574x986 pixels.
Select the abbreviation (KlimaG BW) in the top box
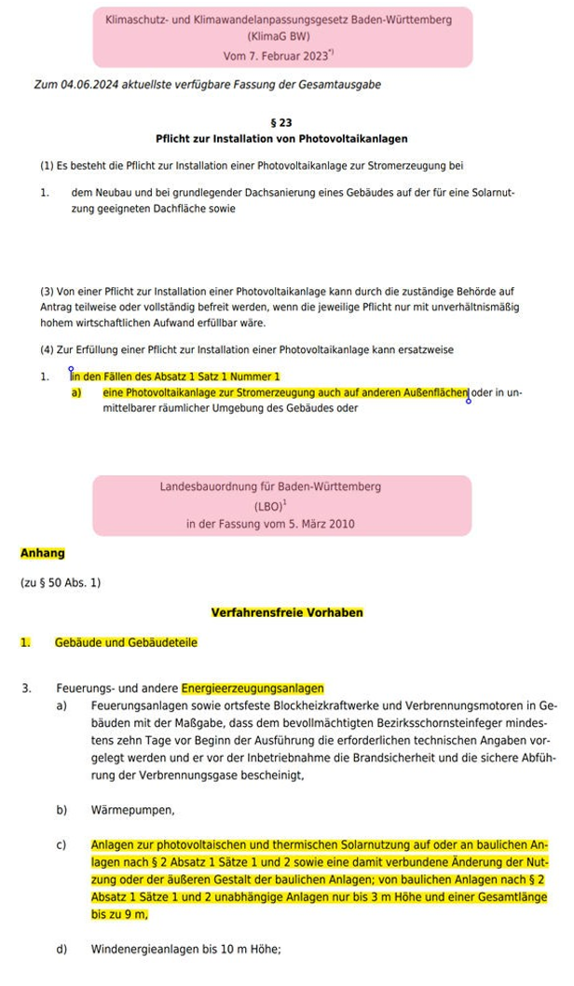283,37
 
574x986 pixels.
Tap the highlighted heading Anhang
43,553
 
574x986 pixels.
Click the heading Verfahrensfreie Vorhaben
287,612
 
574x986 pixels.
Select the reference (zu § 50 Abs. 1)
61,582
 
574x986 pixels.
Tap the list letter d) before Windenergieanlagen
61,950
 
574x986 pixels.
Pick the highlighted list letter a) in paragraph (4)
76,393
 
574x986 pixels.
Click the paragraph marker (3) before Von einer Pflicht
48,292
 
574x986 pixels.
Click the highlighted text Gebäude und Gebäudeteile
126,642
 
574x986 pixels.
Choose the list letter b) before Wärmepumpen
61,810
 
